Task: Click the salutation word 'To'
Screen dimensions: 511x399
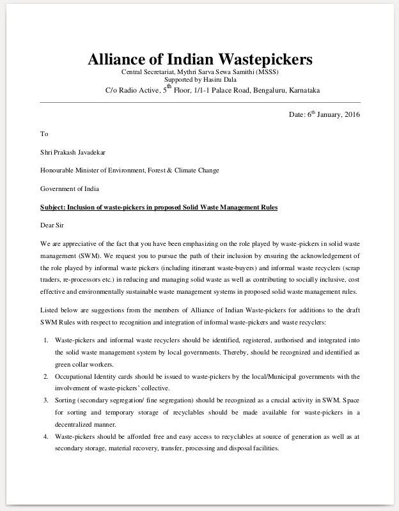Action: click(x=44, y=134)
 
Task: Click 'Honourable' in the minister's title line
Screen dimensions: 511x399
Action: click(x=59, y=171)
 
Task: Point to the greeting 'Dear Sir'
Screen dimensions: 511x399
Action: click(x=52, y=225)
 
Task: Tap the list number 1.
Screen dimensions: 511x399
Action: click(x=46, y=340)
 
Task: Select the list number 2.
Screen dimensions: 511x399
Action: click(x=46, y=376)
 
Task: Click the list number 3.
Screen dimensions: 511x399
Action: click(x=46, y=400)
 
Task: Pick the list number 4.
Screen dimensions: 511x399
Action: click(x=46, y=436)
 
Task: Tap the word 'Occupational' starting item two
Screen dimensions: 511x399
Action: click(x=75, y=376)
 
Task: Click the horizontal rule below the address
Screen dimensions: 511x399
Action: click(x=199, y=102)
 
